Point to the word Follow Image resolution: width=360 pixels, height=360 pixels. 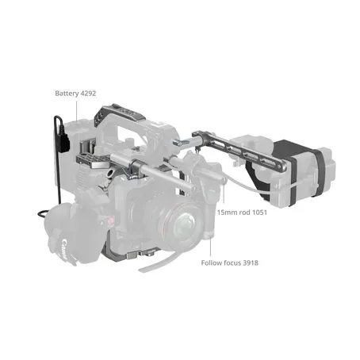click(213, 262)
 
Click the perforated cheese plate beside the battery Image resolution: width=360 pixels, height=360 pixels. click(91, 163)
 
